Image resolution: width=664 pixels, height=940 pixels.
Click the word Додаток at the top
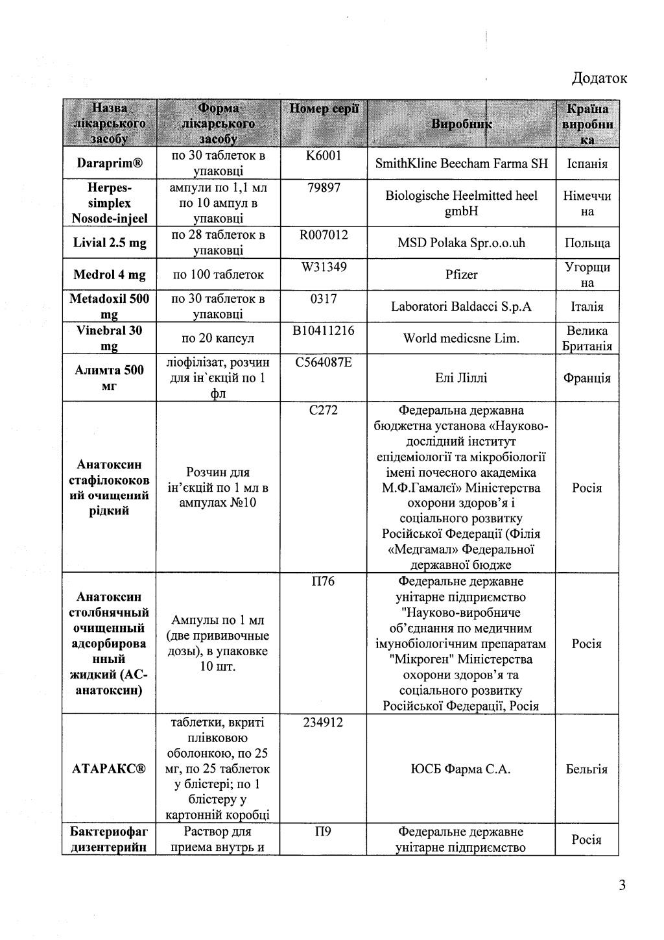tap(599, 78)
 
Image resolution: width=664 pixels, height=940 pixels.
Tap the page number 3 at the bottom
tap(622, 885)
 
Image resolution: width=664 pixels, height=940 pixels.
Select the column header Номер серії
tap(324, 109)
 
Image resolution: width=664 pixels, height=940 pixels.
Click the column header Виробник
tap(462, 125)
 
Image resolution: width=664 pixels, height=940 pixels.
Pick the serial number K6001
tap(323, 156)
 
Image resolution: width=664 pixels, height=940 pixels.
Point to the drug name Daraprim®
tap(110, 163)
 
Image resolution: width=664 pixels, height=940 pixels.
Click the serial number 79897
tap(323, 187)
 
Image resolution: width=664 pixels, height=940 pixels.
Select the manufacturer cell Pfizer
tap(461, 274)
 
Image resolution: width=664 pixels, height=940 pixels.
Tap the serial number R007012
tap(323, 235)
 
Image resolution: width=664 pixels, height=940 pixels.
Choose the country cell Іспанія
tap(587, 163)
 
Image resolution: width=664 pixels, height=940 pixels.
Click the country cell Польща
tap(587, 243)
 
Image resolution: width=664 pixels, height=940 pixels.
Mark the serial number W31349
tap(323, 267)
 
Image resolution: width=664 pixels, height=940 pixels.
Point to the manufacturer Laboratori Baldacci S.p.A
tap(461, 306)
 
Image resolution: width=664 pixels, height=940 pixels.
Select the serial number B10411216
tap(323, 330)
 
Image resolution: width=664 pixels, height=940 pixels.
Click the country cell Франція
tap(587, 378)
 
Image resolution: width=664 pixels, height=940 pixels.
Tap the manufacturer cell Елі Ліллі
tap(461, 378)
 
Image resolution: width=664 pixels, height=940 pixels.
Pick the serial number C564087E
tap(323, 362)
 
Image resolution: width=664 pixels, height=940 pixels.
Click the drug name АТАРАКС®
tap(110, 769)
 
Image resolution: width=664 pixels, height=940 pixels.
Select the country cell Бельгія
tap(587, 769)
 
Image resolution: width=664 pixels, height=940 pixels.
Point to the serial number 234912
tap(323, 723)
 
